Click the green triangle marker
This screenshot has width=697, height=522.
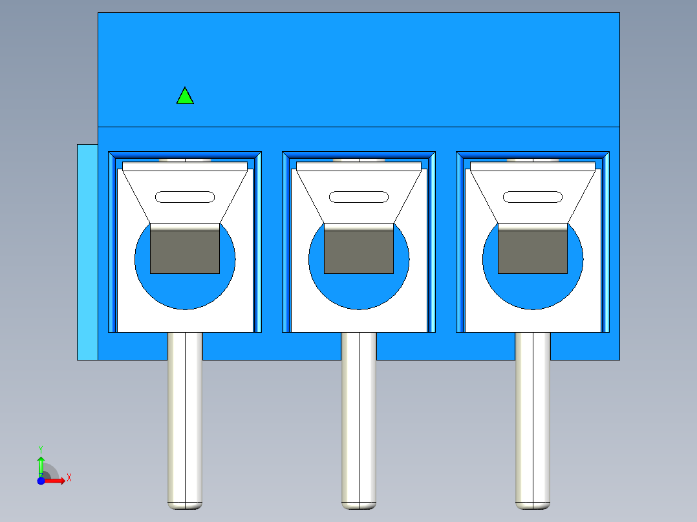(185, 97)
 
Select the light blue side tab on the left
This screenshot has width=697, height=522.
(87, 252)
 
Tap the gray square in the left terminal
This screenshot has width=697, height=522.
(185, 252)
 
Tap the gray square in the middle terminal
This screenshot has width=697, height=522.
(359, 252)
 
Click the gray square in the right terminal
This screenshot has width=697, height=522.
(533, 252)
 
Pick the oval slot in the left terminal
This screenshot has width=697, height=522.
(185, 197)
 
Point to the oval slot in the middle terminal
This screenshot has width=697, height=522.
(359, 197)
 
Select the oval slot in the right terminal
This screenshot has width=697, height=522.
(533, 197)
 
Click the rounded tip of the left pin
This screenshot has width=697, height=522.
(185, 506)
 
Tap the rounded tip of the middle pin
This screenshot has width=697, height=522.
(359, 506)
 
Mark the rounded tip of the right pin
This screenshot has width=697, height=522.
(533, 506)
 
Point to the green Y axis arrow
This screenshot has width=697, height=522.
(41, 466)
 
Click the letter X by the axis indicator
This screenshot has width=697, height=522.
(69, 478)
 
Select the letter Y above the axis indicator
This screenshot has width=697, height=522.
(41, 449)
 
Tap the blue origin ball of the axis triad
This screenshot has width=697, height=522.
(41, 481)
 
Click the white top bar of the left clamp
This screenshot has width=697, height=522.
(185, 166)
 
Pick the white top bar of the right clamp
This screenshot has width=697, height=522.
(533, 166)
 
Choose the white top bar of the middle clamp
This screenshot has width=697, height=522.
(359, 166)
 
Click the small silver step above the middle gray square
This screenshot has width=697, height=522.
(359, 227)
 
